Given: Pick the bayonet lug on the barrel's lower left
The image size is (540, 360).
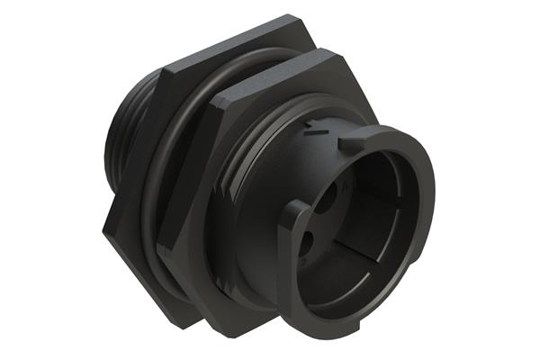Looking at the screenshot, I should tap(294, 217).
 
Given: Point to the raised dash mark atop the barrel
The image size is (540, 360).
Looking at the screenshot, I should tap(313, 133).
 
